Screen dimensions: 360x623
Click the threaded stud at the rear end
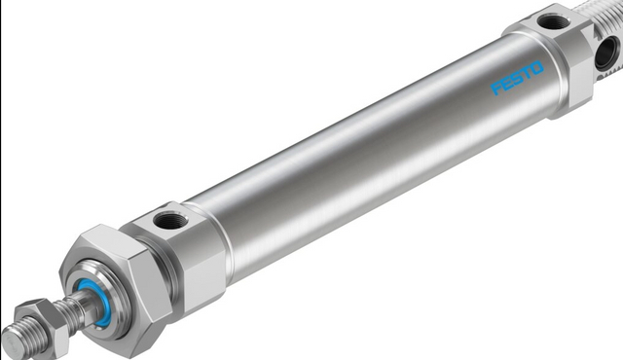(608, 15)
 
